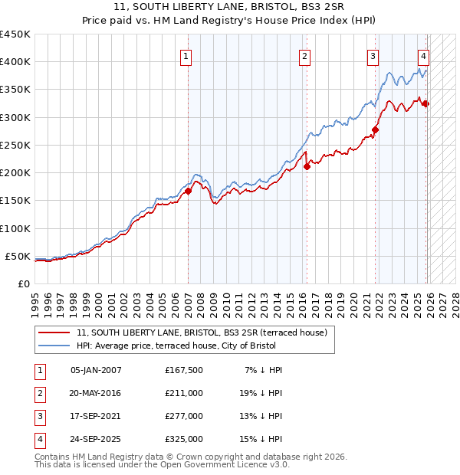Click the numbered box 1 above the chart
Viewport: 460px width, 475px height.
[186, 55]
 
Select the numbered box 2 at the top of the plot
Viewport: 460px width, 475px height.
[304, 55]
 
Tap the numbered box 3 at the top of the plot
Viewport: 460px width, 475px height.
[373, 55]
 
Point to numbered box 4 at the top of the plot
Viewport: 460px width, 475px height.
[423, 55]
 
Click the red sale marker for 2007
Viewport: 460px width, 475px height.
[189, 191]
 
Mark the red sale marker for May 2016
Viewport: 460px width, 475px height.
[307, 166]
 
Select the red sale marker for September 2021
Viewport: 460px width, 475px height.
[376, 129]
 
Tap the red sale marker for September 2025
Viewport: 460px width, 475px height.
[426, 103]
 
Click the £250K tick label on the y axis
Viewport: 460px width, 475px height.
[15, 145]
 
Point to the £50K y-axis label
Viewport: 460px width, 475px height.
[18, 256]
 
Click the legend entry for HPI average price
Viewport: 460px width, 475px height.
[180, 346]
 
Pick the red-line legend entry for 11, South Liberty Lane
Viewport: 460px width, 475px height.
[202, 332]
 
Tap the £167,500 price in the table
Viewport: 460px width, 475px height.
[183, 370]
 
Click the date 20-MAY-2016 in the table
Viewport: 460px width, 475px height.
[96, 393]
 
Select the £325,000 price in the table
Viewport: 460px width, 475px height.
[183, 439]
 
